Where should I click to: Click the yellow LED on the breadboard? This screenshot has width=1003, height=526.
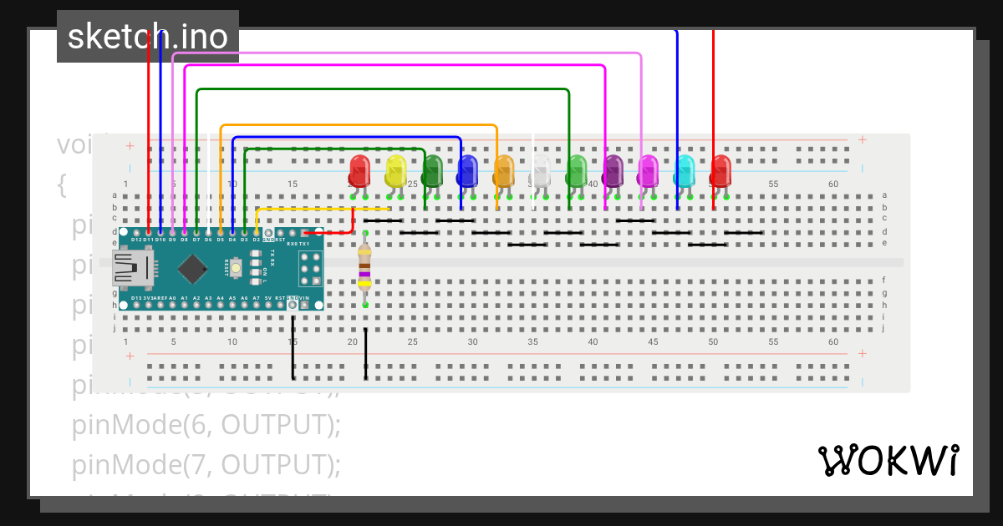pos(395,171)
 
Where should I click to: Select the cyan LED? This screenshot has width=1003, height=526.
pos(685,171)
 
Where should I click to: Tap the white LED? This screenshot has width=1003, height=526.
pos(541,171)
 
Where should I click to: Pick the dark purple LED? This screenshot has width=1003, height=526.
pos(613,171)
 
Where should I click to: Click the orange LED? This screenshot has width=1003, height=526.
pos(504,171)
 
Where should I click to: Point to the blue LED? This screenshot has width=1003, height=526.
pos(467,171)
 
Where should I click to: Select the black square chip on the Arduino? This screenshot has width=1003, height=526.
pos(193,268)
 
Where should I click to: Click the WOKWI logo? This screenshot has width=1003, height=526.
pos(888,460)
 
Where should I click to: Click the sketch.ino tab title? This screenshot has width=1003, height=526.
pos(147,37)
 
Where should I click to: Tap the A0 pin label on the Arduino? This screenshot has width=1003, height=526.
pos(172,297)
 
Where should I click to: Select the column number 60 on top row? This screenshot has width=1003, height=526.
pos(833,184)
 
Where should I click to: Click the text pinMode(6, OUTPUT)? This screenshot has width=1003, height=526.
pos(206,425)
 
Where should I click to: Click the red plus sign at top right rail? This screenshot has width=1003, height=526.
pos(862,139)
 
